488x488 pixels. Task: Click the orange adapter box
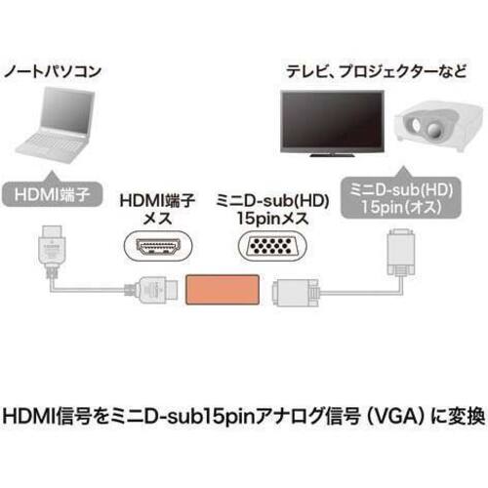[223, 290]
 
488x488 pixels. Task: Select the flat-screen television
[332, 124]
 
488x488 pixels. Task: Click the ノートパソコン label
[53, 71]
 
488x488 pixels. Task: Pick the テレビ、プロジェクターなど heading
[376, 71]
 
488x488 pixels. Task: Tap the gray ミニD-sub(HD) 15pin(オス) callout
[401, 195]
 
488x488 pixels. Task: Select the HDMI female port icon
[158, 246]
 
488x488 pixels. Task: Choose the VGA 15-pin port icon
[272, 246]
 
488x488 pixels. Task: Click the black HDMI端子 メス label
[157, 209]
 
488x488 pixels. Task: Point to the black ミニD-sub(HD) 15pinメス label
[272, 209]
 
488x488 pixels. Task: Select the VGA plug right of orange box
[296, 292]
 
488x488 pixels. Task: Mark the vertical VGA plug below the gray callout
[401, 254]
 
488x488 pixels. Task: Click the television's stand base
[332, 155]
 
